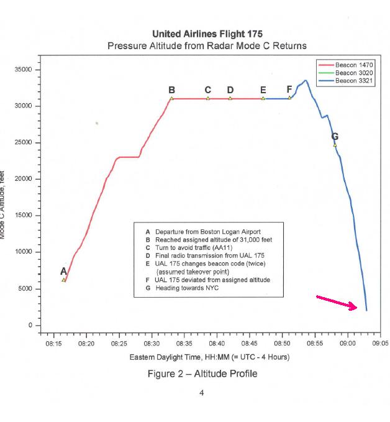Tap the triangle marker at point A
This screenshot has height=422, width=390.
coord(64,280)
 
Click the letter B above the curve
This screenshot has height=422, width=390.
coord(172,90)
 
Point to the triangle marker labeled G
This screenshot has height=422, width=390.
coord(335,145)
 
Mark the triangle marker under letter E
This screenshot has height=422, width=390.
coord(263,98)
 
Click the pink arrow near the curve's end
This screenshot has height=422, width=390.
coord(337,302)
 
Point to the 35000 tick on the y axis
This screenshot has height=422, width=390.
coord(23,70)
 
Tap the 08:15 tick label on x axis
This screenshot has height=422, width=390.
coord(54,342)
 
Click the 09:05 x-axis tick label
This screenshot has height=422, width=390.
coord(379,342)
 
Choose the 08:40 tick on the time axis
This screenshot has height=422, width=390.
coord(217,342)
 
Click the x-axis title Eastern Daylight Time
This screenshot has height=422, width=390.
coord(209,357)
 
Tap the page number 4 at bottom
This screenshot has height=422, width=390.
coord(201,393)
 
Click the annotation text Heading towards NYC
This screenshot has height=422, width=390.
coord(187,288)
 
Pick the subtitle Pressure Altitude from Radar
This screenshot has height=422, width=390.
coord(206,46)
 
